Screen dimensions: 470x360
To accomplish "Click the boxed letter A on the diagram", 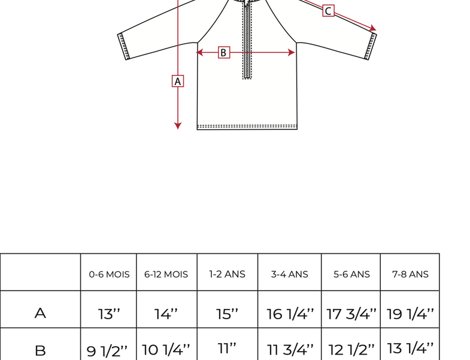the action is (178, 81).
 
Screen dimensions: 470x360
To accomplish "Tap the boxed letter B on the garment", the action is (224, 53).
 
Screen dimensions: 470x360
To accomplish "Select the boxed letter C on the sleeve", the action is (328, 11).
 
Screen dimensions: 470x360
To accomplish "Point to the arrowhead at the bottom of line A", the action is (178, 126).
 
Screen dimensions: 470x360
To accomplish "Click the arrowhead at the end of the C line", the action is (373, 28).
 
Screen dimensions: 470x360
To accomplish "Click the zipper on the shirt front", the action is (247, 41).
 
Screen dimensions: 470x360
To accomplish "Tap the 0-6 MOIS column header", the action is (109, 274).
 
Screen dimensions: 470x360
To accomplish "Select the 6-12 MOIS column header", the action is (166, 274).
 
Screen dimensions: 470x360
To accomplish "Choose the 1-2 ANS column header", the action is (227, 274).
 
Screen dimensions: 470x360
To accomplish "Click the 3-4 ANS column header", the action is (290, 274).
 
